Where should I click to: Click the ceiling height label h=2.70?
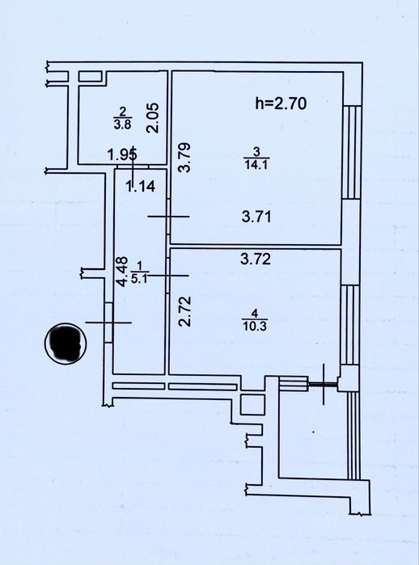[281, 103]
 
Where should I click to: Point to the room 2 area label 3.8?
[123, 124]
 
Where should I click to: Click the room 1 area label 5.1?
[139, 279]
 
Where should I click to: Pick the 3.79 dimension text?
[184, 158]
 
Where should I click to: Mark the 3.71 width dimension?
[256, 217]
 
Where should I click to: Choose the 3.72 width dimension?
[256, 259]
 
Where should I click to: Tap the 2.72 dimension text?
[185, 311]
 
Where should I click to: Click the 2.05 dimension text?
[153, 118]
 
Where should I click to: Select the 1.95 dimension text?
[123, 155]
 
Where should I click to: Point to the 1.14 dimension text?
[140, 186]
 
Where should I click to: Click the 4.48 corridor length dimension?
[123, 272]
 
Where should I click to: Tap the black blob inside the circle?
[66, 344]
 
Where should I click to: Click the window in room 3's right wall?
[351, 152]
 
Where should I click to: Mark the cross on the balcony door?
[324, 384]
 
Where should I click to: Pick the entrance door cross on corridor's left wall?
[108, 323]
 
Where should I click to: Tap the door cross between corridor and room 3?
[168, 216]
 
